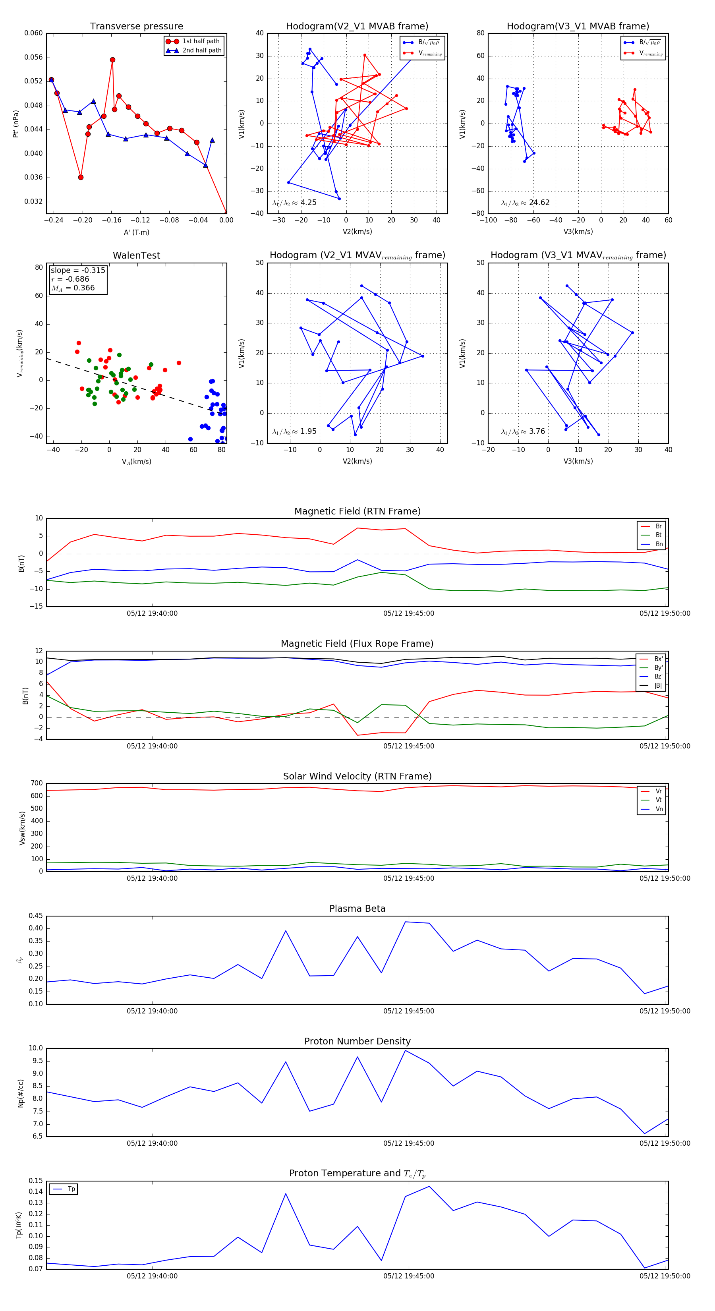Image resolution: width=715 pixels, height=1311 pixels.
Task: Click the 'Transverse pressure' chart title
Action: point(136,27)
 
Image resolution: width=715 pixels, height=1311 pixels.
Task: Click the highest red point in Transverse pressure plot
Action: point(112,60)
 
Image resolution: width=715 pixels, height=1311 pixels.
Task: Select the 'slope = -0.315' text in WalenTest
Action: point(78,270)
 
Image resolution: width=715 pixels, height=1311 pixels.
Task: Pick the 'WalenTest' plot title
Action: point(136,255)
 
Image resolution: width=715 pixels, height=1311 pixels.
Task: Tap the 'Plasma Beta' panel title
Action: point(357,909)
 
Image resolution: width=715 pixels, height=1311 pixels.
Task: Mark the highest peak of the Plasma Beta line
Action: point(406,922)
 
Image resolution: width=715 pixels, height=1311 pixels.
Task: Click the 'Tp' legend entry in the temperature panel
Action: point(71,1189)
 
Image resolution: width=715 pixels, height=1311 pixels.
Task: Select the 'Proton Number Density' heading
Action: point(357,1041)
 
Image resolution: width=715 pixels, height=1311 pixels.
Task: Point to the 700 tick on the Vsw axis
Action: point(37,783)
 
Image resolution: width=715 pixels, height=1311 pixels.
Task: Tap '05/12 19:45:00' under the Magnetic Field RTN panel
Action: point(409,613)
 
